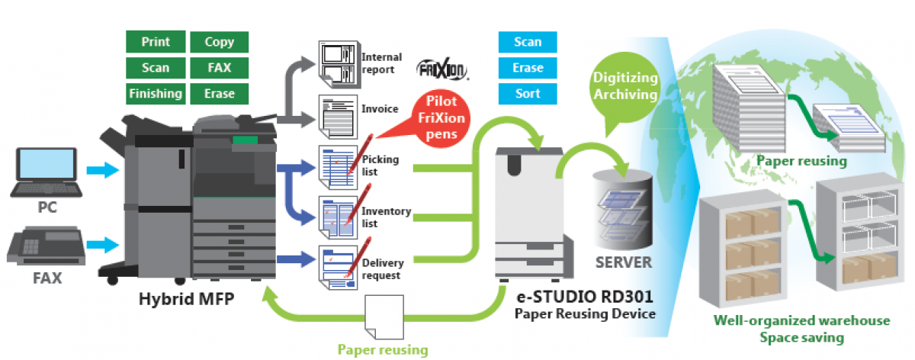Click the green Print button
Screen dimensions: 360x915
coord(156,42)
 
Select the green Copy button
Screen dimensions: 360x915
coord(220,42)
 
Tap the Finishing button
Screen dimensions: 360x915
coord(156,93)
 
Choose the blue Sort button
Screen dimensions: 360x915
coord(528,93)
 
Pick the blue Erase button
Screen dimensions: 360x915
coord(528,68)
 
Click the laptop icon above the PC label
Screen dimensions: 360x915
coord(46,172)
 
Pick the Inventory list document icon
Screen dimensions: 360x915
coord(335,216)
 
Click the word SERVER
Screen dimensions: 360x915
coord(624,262)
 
